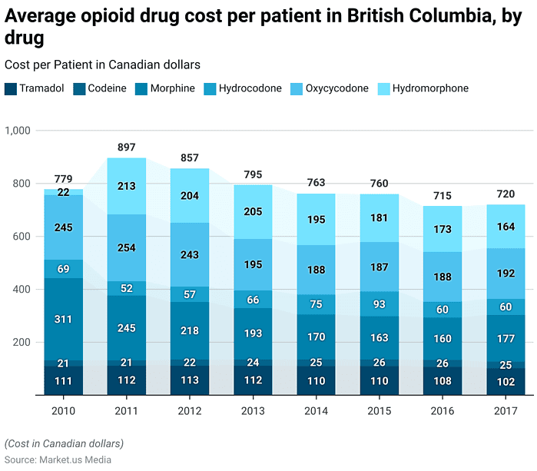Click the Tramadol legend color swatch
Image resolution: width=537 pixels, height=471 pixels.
(x=11, y=88)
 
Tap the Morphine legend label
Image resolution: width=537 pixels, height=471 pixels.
(x=172, y=88)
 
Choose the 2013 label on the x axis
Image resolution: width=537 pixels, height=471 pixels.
(x=253, y=411)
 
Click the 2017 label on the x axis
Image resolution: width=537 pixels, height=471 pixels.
(x=505, y=411)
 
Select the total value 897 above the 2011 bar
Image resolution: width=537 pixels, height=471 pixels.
(x=127, y=147)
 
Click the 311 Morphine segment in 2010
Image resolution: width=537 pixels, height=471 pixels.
(x=64, y=319)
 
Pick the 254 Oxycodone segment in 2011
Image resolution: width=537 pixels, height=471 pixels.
(x=127, y=247)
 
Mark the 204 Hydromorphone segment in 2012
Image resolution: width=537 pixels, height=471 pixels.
(x=190, y=195)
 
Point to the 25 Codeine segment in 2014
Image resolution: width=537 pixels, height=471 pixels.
(x=316, y=363)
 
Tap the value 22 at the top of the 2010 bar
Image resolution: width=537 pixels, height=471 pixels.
(x=64, y=192)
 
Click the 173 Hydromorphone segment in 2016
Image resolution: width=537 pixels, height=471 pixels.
(x=442, y=229)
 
